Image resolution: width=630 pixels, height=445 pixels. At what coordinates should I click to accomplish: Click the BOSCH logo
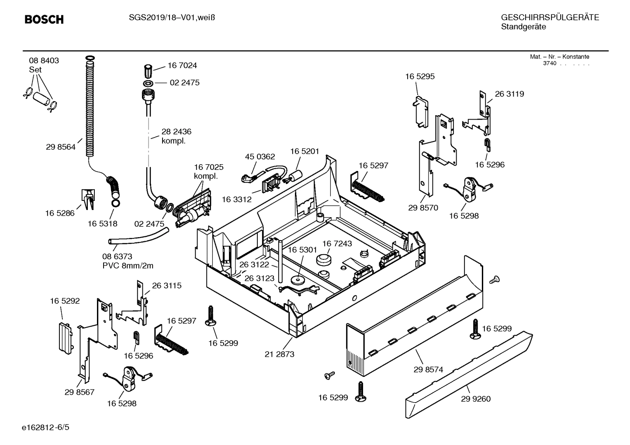click(x=44, y=19)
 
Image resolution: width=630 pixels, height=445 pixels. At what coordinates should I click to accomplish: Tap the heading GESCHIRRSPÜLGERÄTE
click(x=550, y=17)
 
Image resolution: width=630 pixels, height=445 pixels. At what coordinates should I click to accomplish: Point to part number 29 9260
click(x=475, y=399)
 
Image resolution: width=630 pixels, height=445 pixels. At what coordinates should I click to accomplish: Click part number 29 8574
click(x=428, y=369)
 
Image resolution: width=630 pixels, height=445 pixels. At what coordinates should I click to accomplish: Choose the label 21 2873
click(x=279, y=354)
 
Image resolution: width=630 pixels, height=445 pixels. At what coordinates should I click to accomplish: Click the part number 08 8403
click(x=44, y=61)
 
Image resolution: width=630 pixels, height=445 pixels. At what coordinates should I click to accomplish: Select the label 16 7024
click(x=182, y=66)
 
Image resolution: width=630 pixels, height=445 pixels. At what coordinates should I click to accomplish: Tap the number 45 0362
click(x=260, y=157)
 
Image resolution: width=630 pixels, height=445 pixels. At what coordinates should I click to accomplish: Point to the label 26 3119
click(x=509, y=94)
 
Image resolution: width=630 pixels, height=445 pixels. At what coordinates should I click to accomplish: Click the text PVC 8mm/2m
click(x=128, y=266)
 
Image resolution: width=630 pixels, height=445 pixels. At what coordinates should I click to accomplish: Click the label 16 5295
click(x=420, y=76)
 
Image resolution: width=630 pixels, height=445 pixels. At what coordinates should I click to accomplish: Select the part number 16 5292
click(x=65, y=301)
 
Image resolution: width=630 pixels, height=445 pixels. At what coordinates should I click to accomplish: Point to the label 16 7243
click(x=337, y=243)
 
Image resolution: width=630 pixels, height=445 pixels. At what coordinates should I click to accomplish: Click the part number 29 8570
click(x=423, y=208)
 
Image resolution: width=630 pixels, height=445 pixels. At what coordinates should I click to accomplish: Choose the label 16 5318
click(x=102, y=224)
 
